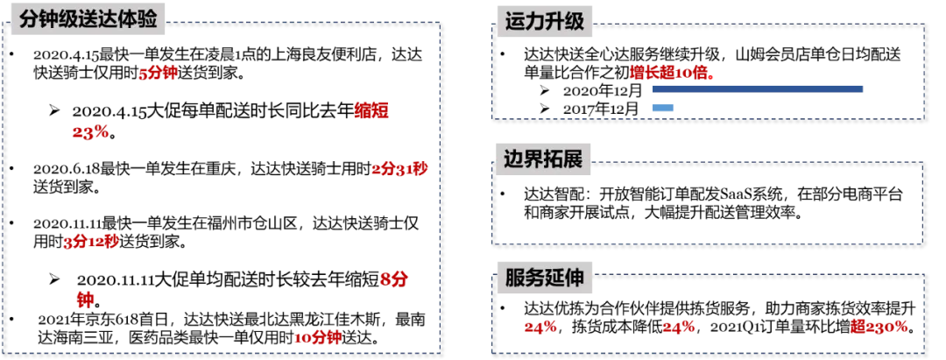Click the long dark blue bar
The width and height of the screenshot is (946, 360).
point(759,90)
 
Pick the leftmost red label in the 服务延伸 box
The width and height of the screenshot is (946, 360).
point(540,328)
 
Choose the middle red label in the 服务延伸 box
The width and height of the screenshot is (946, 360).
point(679,328)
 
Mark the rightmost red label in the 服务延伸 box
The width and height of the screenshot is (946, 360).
point(879,326)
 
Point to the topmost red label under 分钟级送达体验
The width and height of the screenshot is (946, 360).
point(159,74)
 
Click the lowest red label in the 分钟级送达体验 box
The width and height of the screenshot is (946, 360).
point(317,337)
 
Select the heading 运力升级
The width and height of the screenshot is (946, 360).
point(544,21)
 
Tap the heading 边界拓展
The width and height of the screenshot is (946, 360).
point(544,161)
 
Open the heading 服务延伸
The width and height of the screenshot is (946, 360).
point(544,279)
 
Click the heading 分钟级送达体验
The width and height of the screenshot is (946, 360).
point(88,18)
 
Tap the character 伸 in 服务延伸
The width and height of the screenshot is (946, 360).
point(574,279)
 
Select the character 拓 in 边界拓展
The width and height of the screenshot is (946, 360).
point(554,161)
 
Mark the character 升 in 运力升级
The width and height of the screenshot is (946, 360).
point(554,21)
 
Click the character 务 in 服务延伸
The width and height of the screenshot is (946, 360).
point(534,279)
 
